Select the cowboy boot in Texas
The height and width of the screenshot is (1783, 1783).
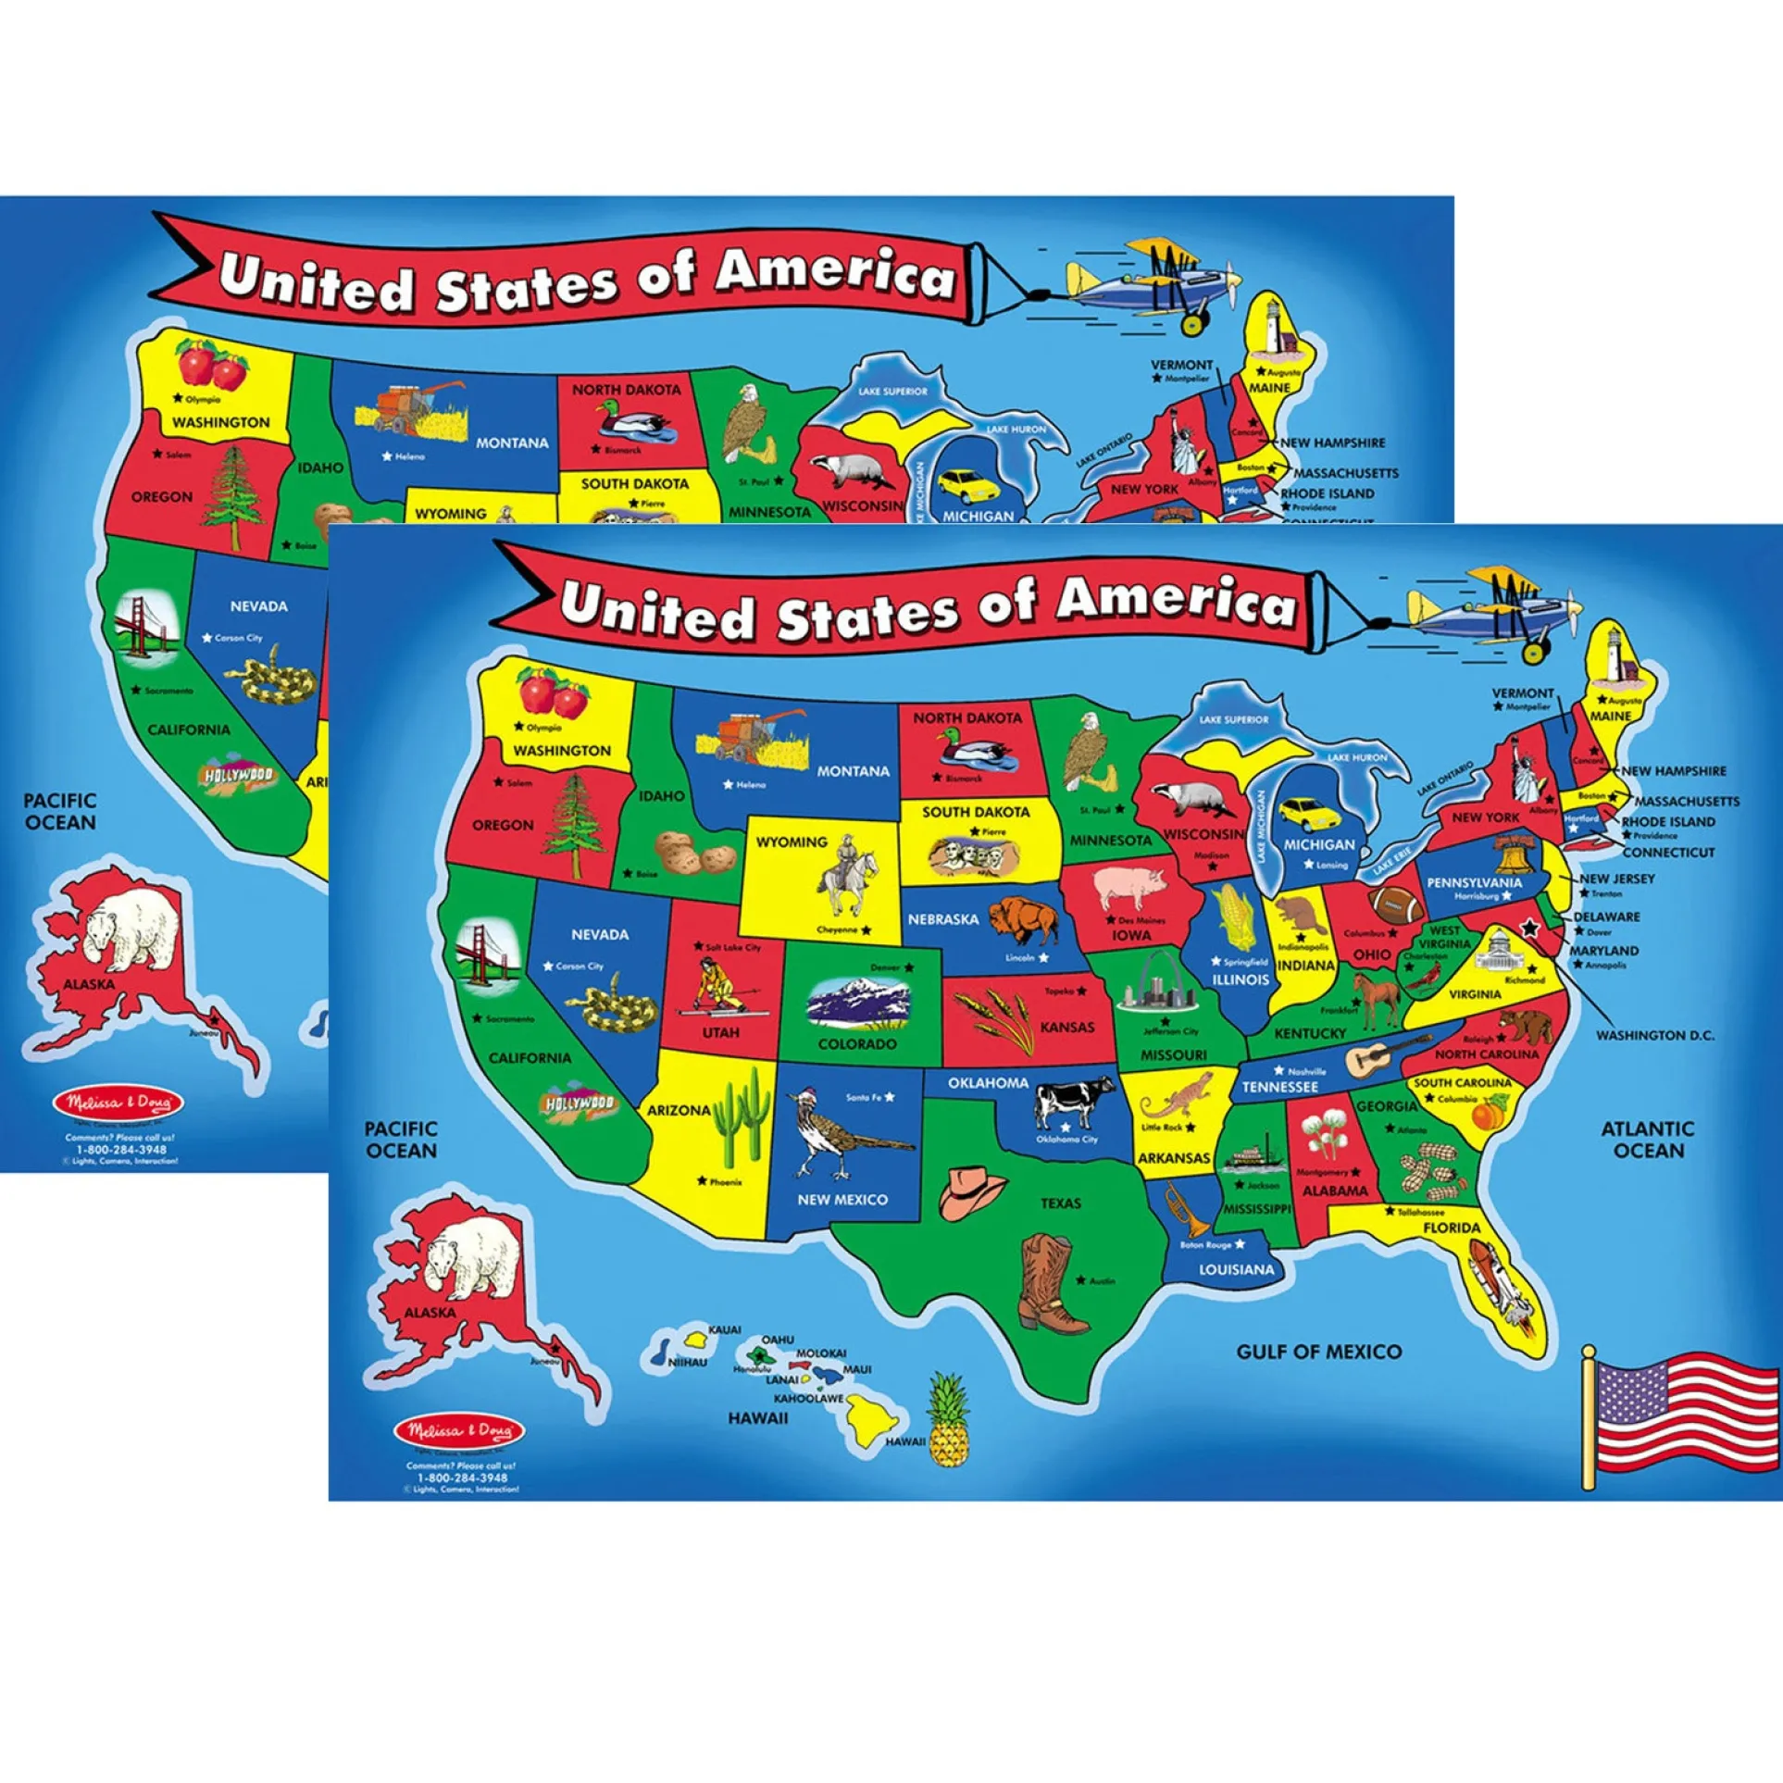1051,1283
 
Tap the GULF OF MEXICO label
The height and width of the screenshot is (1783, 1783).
1318,1352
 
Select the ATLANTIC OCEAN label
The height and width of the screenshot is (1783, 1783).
1648,1140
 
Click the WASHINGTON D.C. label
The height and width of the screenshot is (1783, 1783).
1654,1035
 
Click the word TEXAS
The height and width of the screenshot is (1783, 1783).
1060,1203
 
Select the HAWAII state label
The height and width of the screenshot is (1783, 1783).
757,1418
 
